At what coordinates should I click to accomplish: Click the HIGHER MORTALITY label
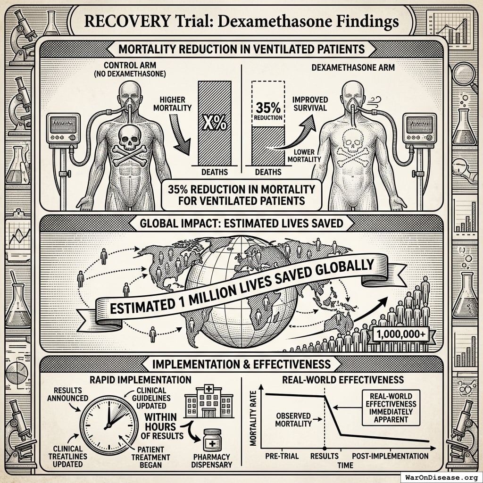pyautogui.click(x=174, y=102)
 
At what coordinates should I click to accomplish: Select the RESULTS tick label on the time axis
pyautogui.click(x=325, y=456)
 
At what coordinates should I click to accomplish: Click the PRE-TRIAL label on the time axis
pyautogui.click(x=280, y=456)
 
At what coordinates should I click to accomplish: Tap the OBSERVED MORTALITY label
pyautogui.click(x=293, y=419)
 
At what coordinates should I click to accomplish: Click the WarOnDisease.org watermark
pyautogui.click(x=440, y=476)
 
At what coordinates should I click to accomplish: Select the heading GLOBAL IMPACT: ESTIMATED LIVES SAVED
pyautogui.click(x=241, y=223)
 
